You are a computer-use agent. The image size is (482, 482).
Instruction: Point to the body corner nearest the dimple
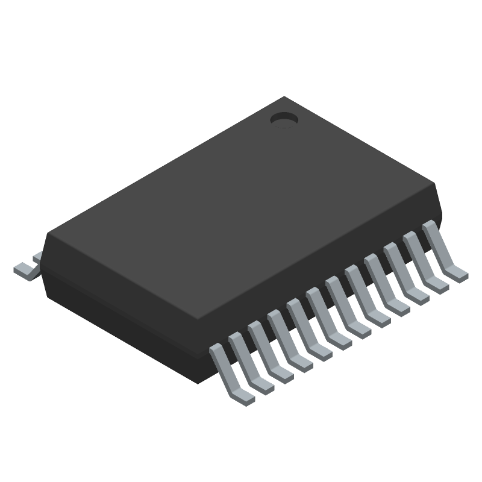coord(284,97)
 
